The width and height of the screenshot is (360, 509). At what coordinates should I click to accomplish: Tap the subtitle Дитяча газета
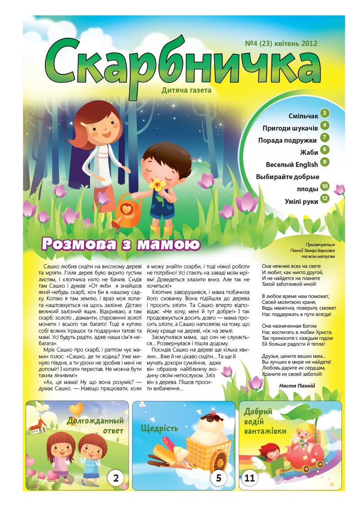pyautogui.click(x=186, y=90)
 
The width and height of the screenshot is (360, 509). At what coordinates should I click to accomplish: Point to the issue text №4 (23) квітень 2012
pyautogui.click(x=281, y=44)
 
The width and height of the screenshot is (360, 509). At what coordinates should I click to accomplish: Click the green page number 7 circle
pyautogui.click(x=325, y=138)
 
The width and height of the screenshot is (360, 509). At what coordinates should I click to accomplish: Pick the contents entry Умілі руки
pyautogui.click(x=301, y=201)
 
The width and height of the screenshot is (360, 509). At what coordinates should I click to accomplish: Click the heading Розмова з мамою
pyautogui.click(x=120, y=244)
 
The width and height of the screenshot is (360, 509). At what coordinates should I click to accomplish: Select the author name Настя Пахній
pyautogui.click(x=297, y=386)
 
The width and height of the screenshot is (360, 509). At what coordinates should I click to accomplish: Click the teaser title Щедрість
pyautogui.click(x=159, y=428)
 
